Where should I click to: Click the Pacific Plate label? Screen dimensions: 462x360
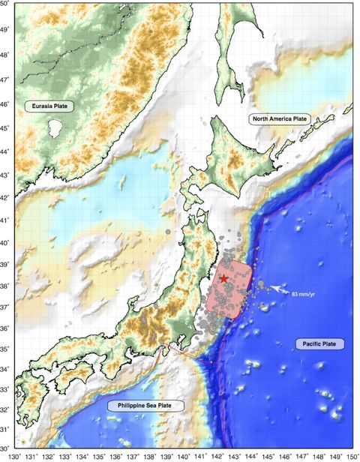tap(320, 343)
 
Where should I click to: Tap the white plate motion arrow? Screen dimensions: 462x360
tap(277, 288)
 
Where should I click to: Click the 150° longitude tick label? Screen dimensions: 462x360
tap(348, 454)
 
